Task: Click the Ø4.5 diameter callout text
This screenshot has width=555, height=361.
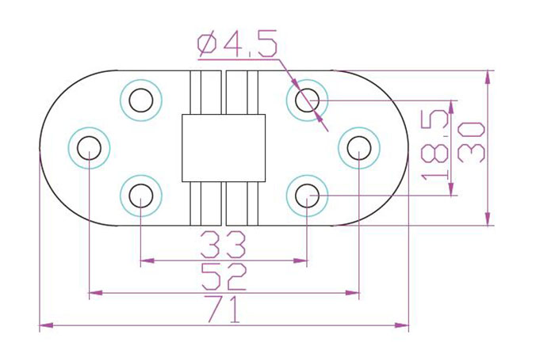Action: click(x=237, y=44)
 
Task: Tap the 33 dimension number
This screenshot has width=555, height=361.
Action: click(x=223, y=245)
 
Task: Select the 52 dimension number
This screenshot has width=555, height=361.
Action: click(x=224, y=276)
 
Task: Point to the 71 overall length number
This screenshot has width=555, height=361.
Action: click(x=224, y=309)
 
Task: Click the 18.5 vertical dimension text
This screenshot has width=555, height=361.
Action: click(x=435, y=145)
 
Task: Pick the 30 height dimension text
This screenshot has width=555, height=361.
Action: click(x=471, y=142)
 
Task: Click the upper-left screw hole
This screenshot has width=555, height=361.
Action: click(x=141, y=101)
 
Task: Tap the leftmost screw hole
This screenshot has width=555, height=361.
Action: click(x=89, y=148)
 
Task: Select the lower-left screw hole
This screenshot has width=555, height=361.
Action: click(x=141, y=196)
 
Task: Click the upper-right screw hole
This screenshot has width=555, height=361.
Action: click(x=308, y=101)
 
